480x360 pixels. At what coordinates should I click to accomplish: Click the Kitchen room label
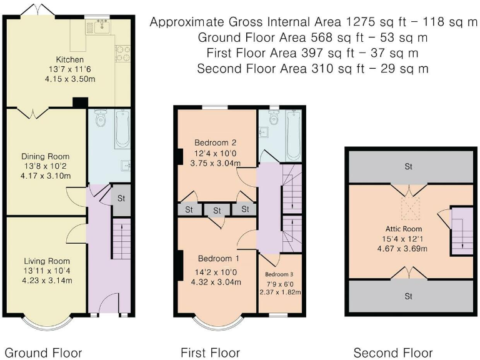click(x=70, y=59)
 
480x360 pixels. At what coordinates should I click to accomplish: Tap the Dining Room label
click(x=45, y=156)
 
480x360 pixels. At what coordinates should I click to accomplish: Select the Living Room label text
click(x=47, y=261)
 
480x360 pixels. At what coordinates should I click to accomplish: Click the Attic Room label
click(x=404, y=229)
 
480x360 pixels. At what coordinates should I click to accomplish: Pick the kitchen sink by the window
click(x=102, y=27)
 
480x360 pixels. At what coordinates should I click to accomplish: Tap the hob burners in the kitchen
click(x=122, y=54)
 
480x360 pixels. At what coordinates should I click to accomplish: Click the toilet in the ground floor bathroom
click(x=100, y=118)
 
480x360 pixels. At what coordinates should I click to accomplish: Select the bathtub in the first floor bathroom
click(x=294, y=135)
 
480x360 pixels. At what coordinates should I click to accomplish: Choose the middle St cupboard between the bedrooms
click(x=217, y=210)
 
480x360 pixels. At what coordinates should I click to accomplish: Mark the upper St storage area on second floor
click(x=408, y=166)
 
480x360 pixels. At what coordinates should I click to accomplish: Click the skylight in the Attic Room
click(x=410, y=208)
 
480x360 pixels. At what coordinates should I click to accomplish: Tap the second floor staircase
click(x=462, y=232)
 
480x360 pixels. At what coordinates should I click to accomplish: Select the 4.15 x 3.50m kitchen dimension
click(x=70, y=79)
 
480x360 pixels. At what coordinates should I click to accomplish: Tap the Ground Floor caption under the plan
click(x=44, y=352)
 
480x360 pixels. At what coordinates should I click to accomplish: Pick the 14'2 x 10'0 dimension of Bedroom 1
click(x=216, y=272)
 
